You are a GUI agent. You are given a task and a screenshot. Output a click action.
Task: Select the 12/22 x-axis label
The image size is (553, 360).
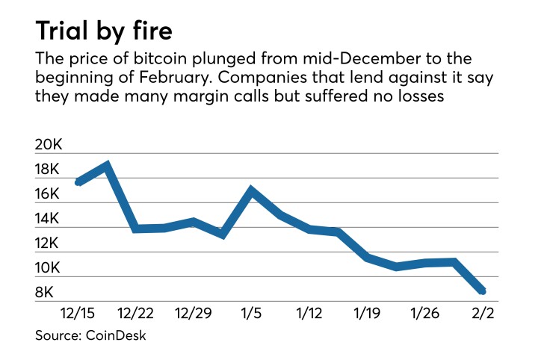[137, 312]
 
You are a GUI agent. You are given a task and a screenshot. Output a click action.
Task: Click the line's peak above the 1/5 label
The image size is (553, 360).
[253, 190]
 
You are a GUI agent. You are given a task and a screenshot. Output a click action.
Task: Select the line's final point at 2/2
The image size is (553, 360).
[483, 291]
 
